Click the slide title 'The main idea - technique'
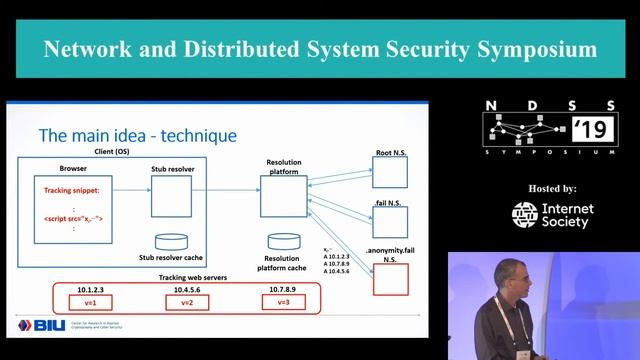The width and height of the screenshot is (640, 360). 137,136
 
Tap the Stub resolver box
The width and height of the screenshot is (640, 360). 171,196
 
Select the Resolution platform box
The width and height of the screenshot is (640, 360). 283,196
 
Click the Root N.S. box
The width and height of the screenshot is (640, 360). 390,172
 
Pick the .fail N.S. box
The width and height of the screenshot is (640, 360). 390,221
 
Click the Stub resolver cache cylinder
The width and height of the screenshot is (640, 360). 171,243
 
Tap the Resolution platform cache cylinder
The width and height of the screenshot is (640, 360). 283,243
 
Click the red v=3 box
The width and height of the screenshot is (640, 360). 283,302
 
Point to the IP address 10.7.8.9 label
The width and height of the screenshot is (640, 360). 283,288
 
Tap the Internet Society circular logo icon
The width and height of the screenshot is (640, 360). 525,215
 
